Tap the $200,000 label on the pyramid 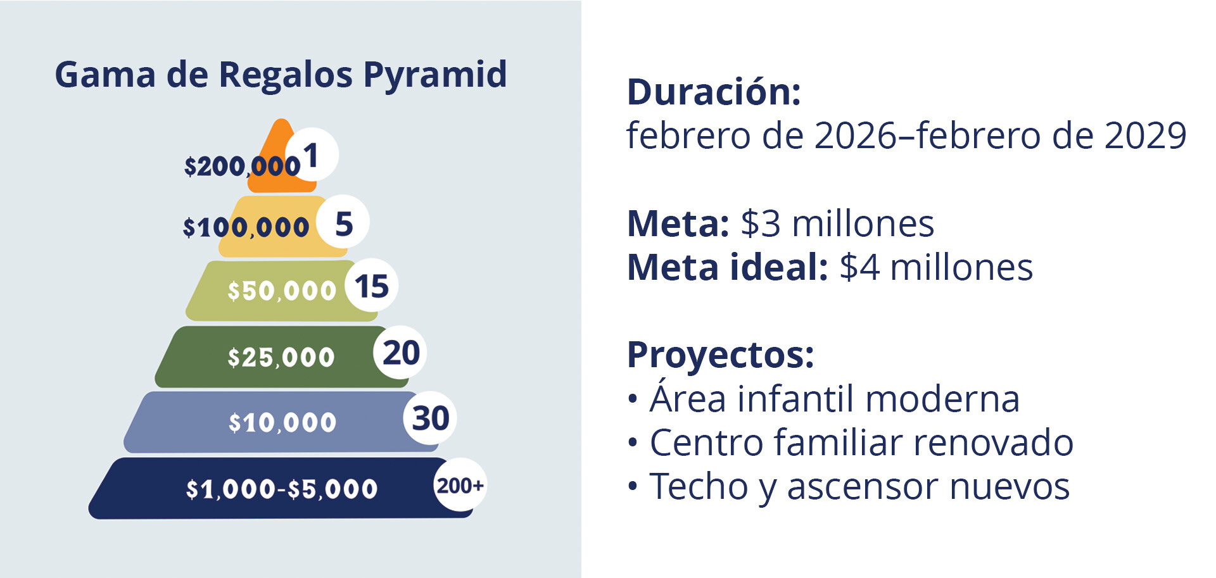coord(242,166)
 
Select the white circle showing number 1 coord(312,154)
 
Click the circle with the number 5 coord(343,222)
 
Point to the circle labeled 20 coord(400,352)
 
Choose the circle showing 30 coord(430,418)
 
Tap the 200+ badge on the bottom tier coord(460,485)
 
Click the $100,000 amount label coord(246,227)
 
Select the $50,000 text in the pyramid coord(282,291)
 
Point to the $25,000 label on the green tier coord(281,358)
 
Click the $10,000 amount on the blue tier coord(282,423)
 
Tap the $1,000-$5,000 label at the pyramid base coord(282,489)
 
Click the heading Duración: coord(714,92)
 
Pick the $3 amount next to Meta coord(761,224)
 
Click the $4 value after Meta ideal coord(859,267)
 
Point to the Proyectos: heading coord(720,355)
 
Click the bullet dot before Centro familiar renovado coord(632,443)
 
